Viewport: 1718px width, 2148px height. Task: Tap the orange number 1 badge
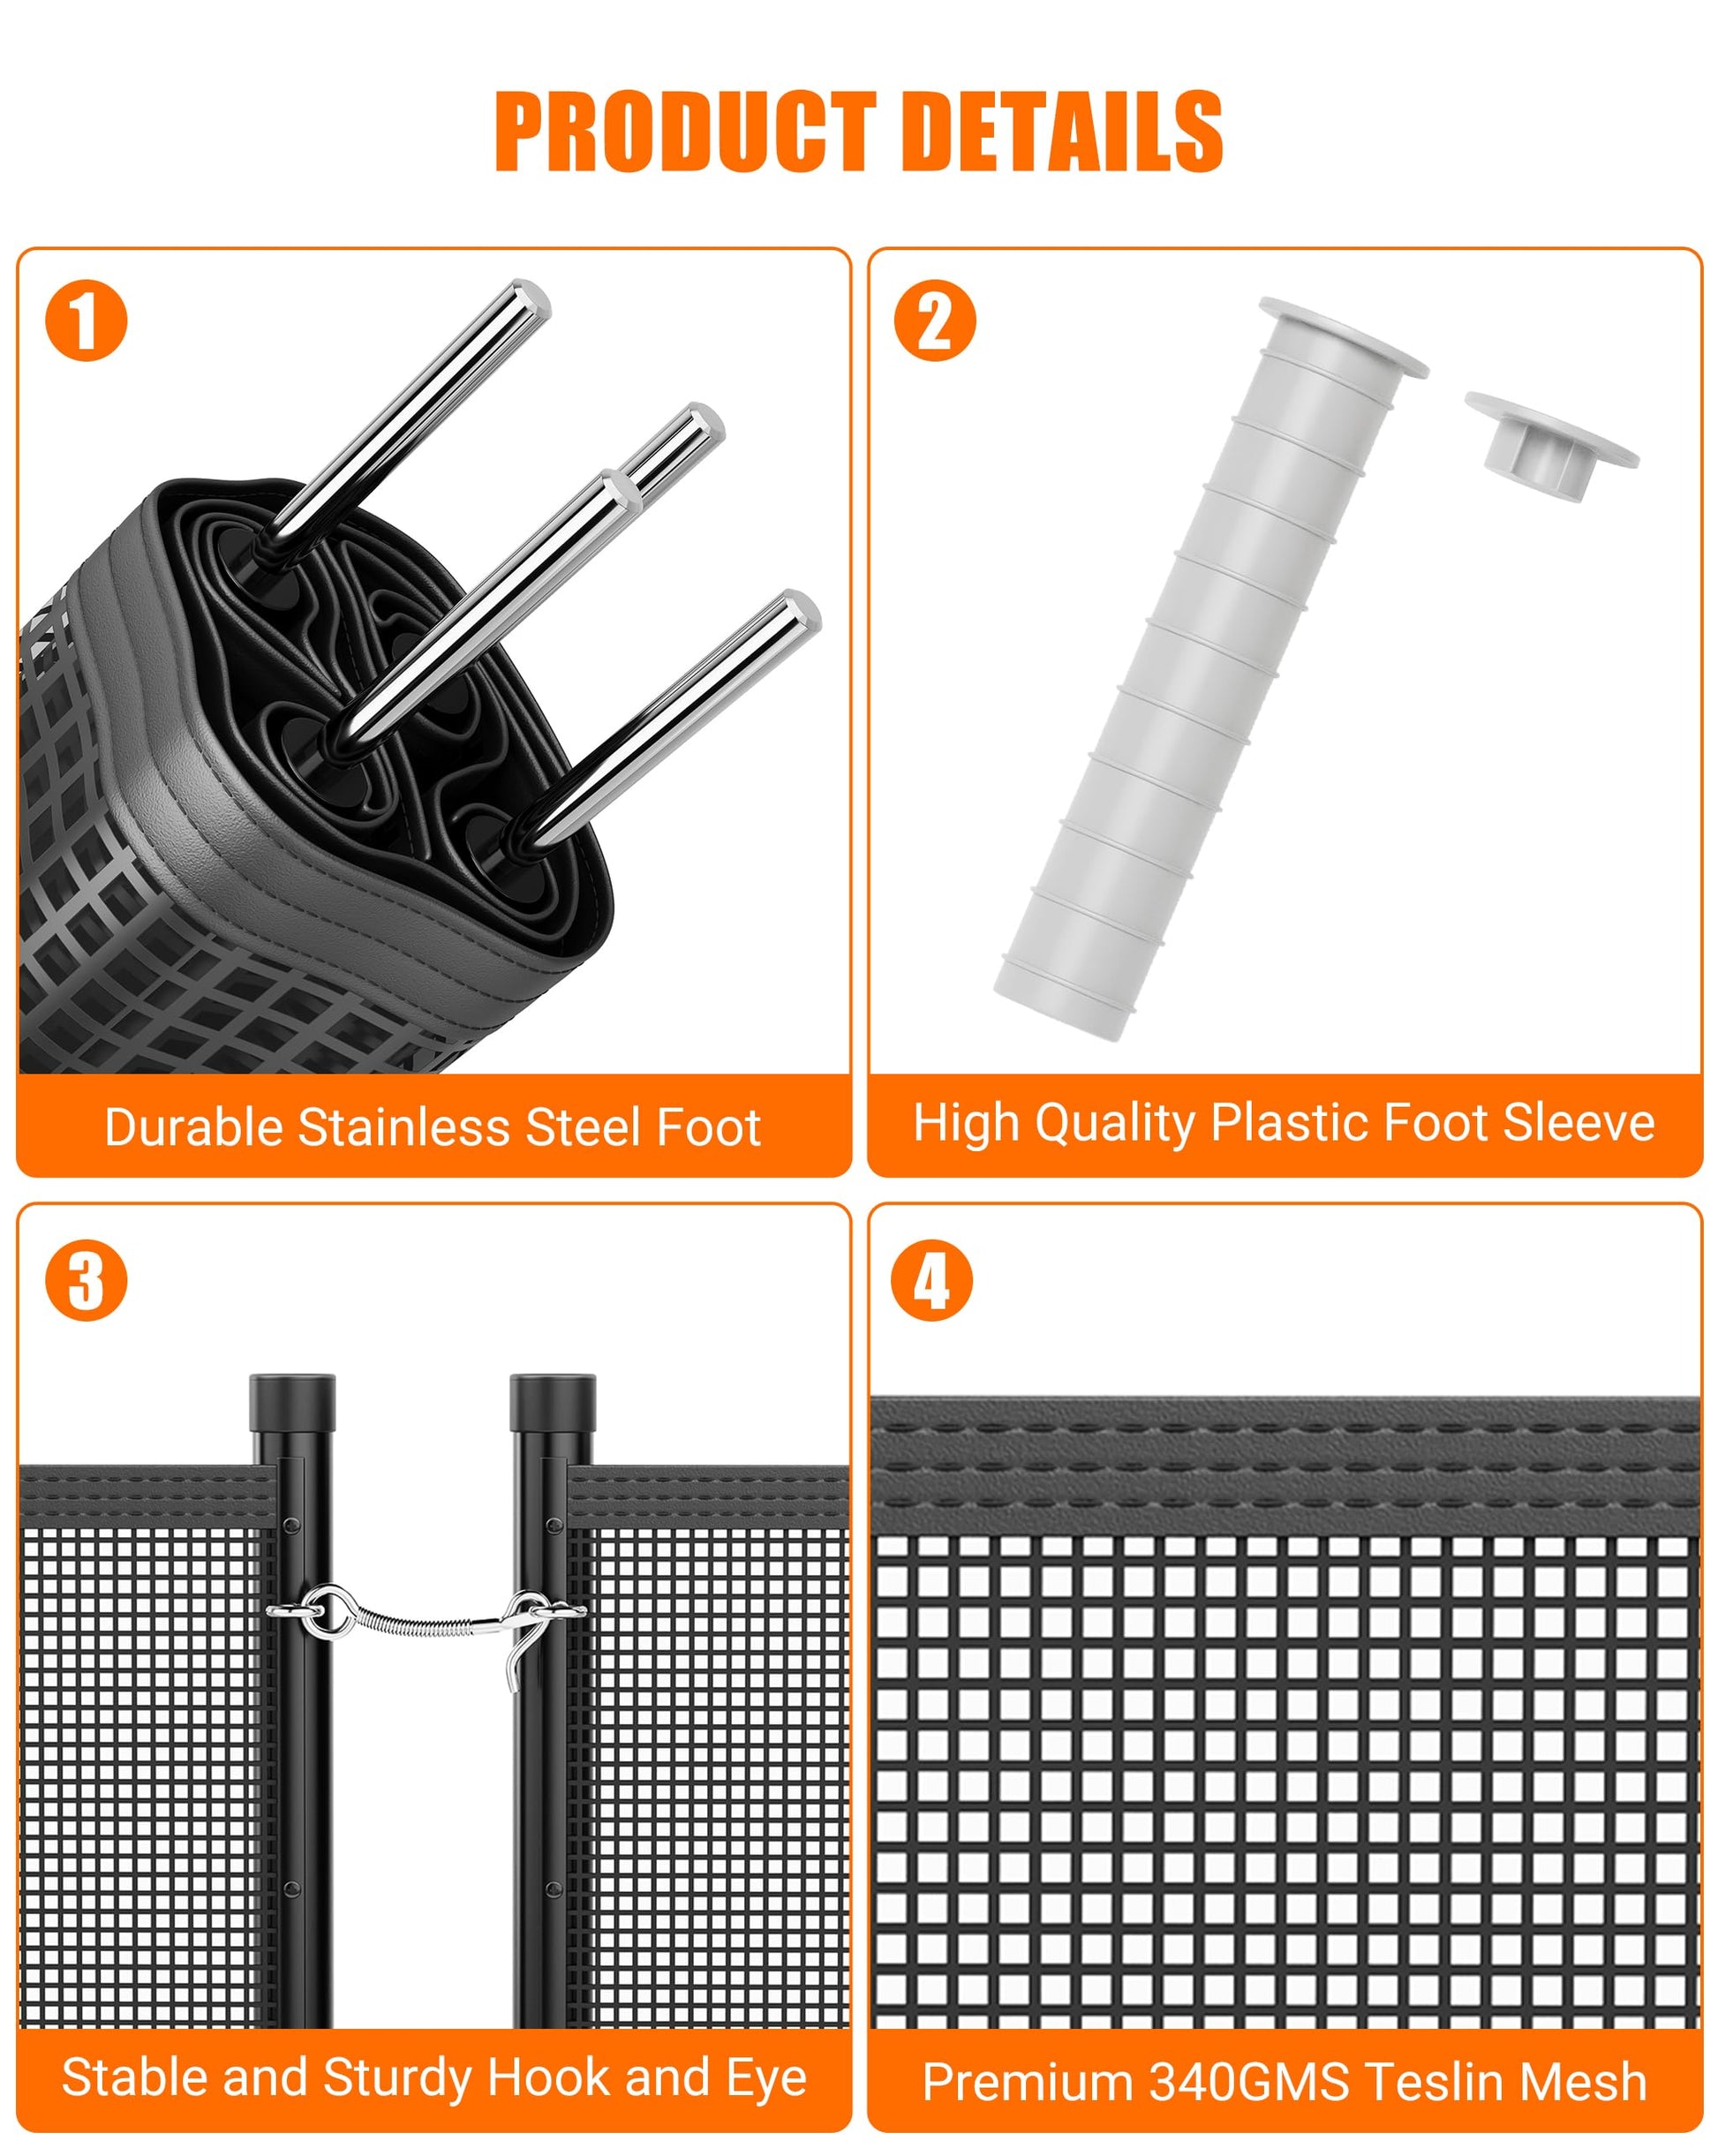[x=87, y=320]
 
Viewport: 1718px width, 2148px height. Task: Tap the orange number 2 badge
[x=935, y=320]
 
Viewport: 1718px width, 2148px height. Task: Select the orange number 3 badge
[x=87, y=1280]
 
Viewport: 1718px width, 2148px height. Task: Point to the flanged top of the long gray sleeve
[x=1344, y=336]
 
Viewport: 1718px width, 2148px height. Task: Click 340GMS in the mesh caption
[x=1249, y=2083]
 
